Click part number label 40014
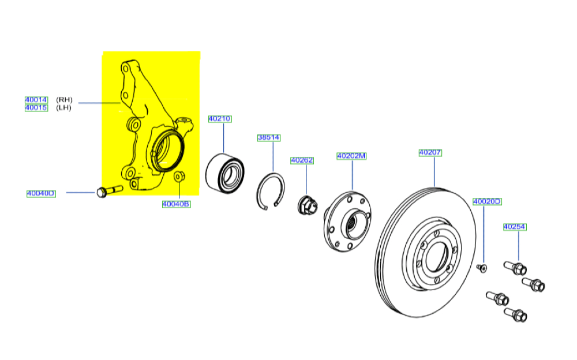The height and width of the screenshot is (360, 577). [36, 100]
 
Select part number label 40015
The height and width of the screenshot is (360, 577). [36, 108]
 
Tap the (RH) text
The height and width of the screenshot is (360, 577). [64, 100]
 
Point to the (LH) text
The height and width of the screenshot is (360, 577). [63, 108]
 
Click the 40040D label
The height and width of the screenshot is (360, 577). [41, 193]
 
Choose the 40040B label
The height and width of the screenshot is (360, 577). [176, 204]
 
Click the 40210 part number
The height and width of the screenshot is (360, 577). [220, 118]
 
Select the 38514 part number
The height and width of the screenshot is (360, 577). [269, 137]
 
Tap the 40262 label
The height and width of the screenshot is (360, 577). [302, 160]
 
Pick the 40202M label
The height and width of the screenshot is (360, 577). [351, 156]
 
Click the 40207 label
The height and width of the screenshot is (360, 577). [430, 152]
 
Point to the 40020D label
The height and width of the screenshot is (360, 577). [487, 201]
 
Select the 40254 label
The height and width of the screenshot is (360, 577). [515, 227]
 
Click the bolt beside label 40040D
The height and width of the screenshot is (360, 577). [109, 191]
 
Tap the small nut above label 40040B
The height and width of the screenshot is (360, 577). [179, 177]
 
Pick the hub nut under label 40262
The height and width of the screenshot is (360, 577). [306, 205]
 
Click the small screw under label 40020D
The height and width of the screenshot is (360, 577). [482, 268]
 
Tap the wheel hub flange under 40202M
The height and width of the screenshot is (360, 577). [347, 222]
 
